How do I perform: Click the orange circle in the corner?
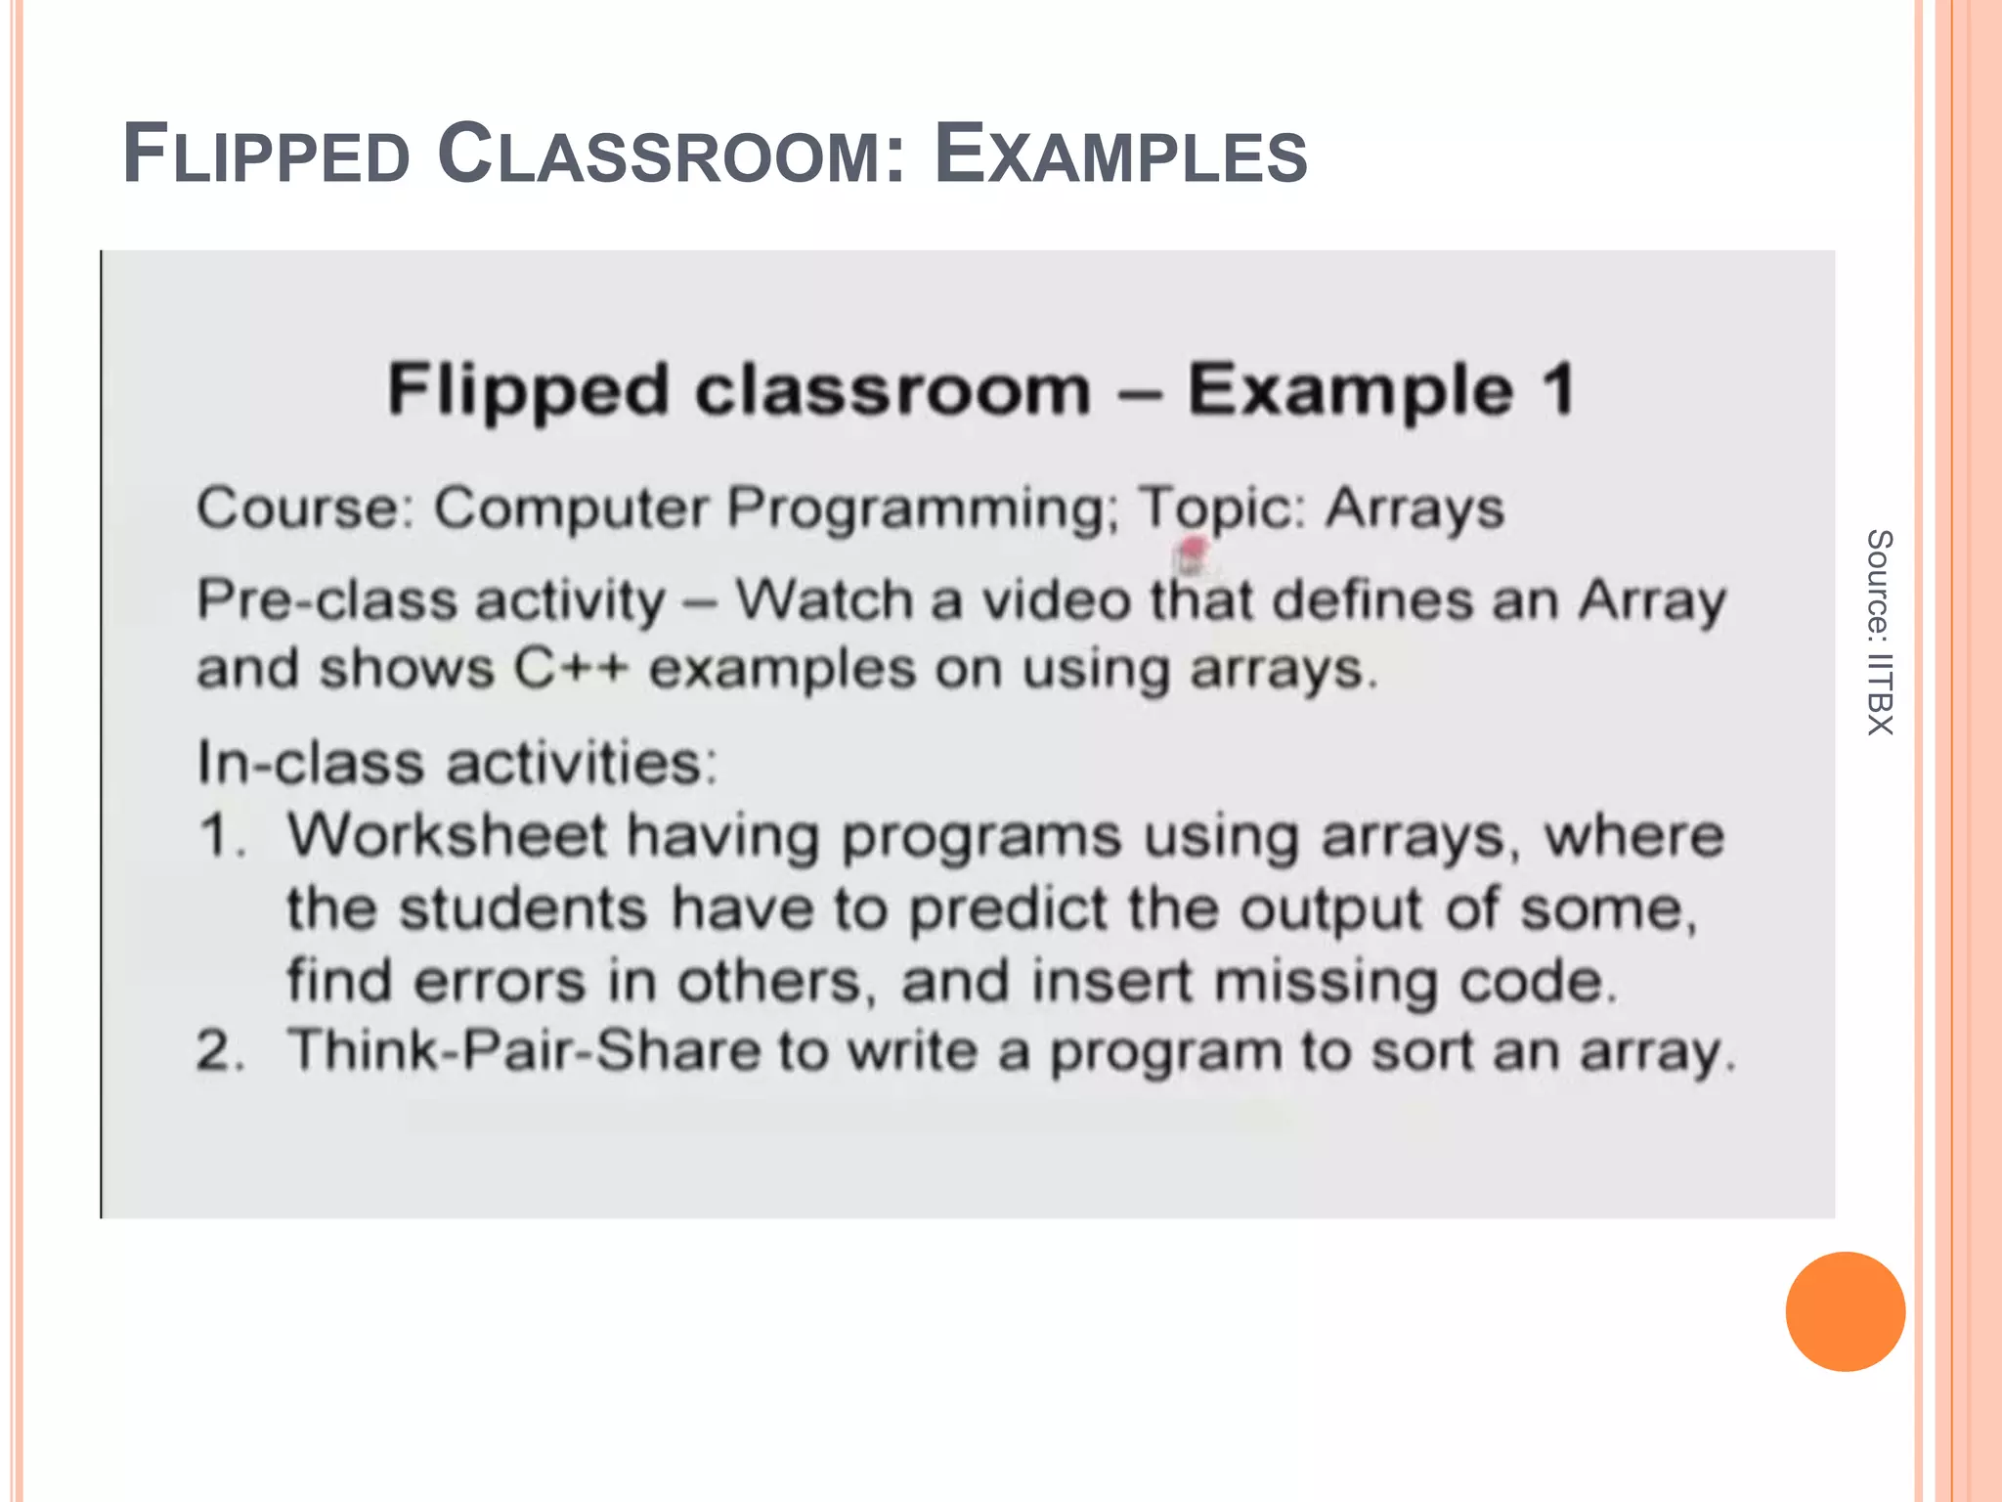(x=1845, y=1311)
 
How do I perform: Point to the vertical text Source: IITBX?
(x=1879, y=632)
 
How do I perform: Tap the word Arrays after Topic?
(x=1414, y=509)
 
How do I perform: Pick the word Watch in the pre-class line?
(x=824, y=599)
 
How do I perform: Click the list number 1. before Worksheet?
(x=221, y=837)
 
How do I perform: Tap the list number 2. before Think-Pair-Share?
(x=221, y=1052)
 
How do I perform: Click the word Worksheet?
(x=447, y=836)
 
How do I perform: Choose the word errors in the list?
(x=500, y=981)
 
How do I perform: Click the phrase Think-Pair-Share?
(x=524, y=1051)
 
